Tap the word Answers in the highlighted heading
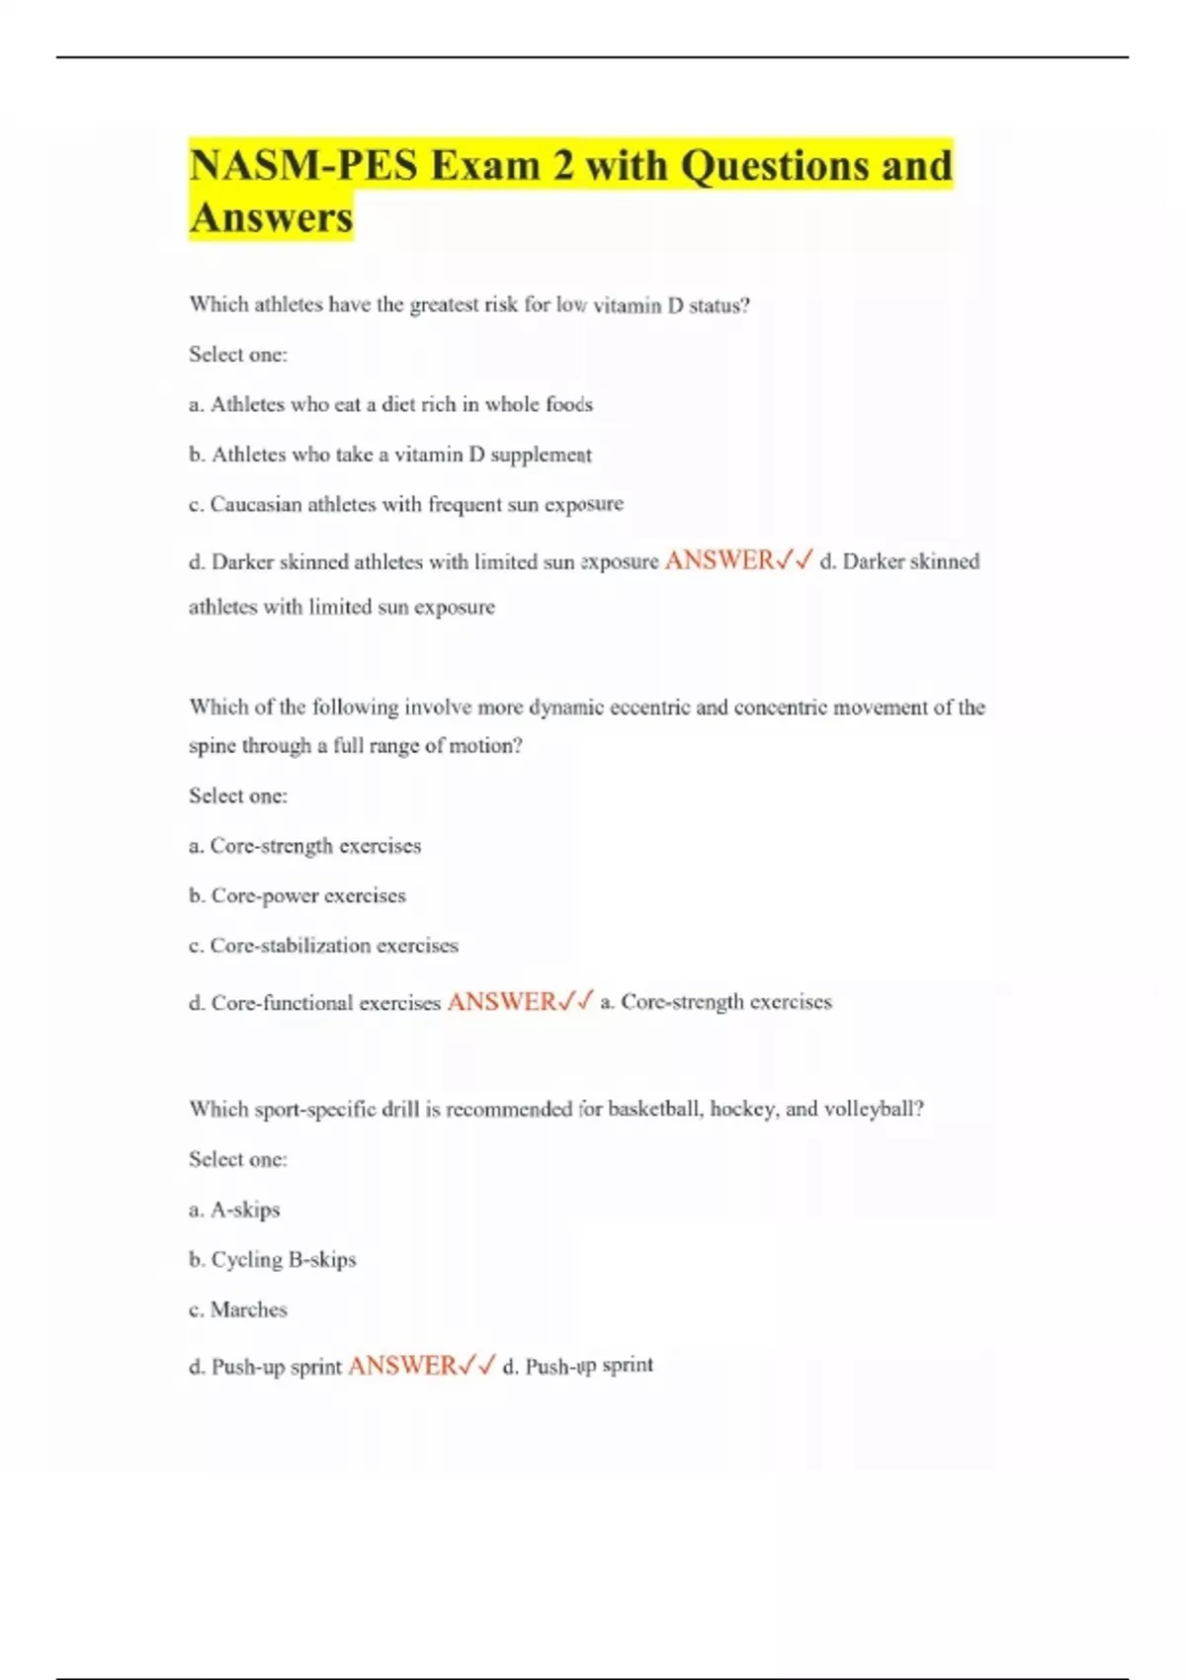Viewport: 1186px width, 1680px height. [x=271, y=217]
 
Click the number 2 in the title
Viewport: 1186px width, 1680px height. [x=562, y=165]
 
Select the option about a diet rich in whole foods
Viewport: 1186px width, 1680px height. [x=390, y=404]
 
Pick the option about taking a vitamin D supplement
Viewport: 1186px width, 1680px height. [x=390, y=455]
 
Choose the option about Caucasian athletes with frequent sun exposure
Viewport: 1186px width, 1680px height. [x=405, y=504]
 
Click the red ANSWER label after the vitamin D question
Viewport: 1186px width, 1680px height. [x=720, y=560]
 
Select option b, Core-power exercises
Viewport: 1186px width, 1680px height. [x=296, y=895]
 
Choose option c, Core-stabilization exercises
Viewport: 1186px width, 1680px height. [x=323, y=946]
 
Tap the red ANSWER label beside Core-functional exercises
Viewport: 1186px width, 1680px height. [x=502, y=1002]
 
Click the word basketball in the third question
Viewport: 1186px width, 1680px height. [x=654, y=1109]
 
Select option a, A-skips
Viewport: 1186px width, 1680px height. [x=234, y=1210]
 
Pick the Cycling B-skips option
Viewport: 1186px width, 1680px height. [x=272, y=1260]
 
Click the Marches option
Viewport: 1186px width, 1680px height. [x=238, y=1309]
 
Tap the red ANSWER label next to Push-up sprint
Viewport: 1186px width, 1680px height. [x=402, y=1366]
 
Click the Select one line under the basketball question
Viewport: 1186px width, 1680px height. [x=237, y=1159]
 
